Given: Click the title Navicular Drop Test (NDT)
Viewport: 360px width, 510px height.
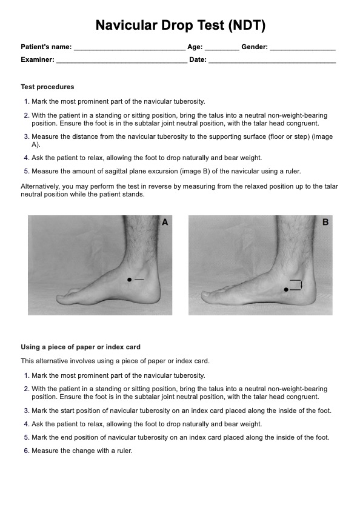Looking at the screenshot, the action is pos(181,25).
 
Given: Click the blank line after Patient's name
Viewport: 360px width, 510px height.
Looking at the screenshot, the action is pos(130,50).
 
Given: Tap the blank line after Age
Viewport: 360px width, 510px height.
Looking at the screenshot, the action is pos(222,50).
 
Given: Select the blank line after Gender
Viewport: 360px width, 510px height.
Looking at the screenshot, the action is pos(302,50).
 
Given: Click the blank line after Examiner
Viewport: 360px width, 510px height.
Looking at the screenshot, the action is pos(122,62).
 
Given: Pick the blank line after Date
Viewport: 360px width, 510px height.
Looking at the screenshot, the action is pos(272,62).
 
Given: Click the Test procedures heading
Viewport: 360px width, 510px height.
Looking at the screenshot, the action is pos(47,87).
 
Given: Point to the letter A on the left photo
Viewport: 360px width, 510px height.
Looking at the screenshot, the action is pos(165,222).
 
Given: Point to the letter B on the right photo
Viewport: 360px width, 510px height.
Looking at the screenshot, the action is pos(325,222).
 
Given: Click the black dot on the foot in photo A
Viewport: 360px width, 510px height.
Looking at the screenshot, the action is pos(129,280).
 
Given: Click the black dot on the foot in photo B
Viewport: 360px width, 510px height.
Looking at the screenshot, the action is pos(286,289).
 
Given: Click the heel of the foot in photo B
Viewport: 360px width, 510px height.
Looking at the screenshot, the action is pos(308,294).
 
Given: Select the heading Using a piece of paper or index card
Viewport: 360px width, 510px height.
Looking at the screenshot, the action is pos(81,347).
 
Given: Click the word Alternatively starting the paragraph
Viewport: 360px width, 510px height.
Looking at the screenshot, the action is pos(37,187).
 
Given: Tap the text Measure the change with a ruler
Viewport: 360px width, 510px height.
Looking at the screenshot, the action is pos(82,451).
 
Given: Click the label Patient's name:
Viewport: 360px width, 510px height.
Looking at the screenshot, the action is pos(46,47).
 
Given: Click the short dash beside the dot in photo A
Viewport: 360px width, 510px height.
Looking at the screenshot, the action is pos(139,280).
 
